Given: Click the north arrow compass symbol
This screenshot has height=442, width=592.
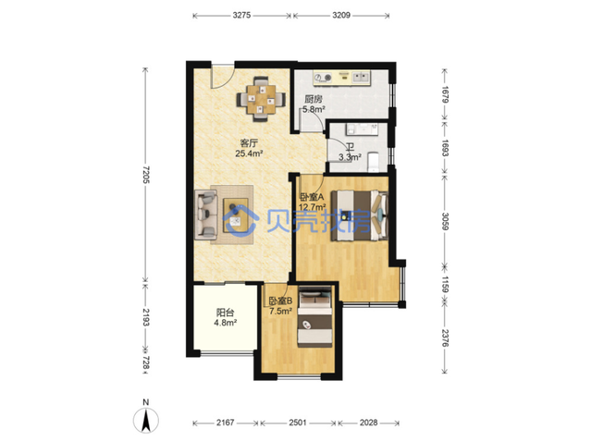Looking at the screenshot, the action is [146, 420].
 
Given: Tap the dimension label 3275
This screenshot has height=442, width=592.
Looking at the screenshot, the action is [241, 16].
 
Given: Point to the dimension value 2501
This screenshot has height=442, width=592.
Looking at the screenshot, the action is [298, 423].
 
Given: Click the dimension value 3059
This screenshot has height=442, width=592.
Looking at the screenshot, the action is [445, 221].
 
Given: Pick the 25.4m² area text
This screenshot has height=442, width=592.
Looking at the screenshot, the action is [249, 153].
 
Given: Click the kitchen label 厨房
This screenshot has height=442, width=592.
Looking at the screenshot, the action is [314, 99].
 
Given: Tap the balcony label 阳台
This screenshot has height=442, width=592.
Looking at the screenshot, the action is [225, 313].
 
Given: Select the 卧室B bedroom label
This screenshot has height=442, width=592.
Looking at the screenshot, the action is [281, 301].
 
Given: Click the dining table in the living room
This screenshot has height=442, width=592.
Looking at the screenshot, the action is [261, 99].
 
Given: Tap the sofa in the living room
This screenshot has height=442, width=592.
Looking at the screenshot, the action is [206, 215].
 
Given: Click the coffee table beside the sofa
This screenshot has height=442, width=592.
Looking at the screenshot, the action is [236, 215].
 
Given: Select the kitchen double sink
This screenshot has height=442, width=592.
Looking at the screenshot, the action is [362, 78].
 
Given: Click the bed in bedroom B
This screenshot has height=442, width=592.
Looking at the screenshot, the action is [314, 317].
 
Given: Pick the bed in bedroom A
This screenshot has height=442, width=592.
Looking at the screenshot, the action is [359, 215].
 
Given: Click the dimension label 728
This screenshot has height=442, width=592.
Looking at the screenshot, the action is [146, 362].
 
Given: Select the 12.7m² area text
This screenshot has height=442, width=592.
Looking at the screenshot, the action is [313, 207].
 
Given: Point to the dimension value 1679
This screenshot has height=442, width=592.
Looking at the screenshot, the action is [445, 95].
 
